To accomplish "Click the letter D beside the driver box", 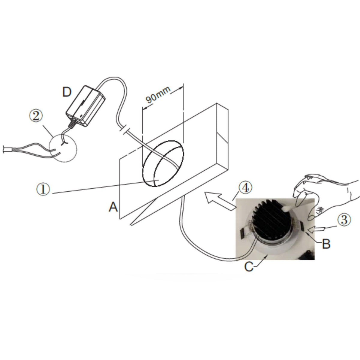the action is [x=67, y=92].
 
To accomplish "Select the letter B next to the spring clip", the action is [x=326, y=244].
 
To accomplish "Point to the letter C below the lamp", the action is [x=249, y=267].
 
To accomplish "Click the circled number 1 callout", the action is [x=43, y=189].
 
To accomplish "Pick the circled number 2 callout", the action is [x=36, y=115].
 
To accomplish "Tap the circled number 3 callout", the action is [x=344, y=220].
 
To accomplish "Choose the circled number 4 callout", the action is [x=245, y=188].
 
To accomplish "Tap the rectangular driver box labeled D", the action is [x=85, y=106].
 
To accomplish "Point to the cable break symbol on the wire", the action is [x=124, y=130].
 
